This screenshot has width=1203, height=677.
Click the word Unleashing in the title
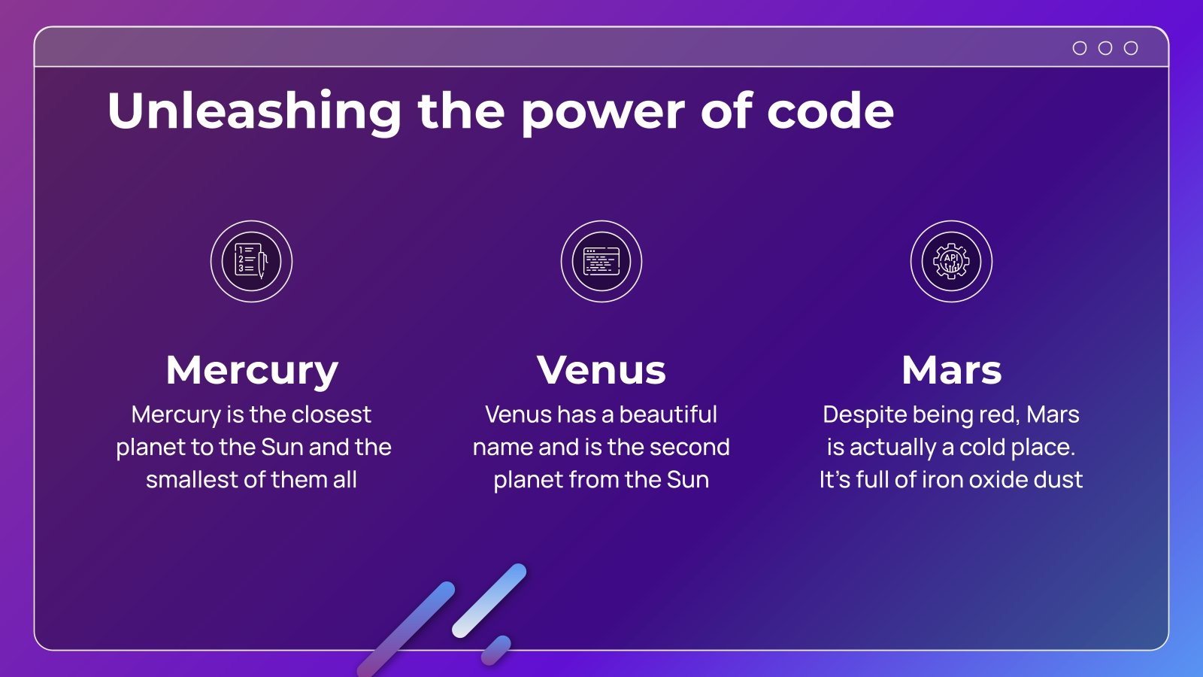click(x=254, y=111)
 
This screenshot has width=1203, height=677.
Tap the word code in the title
click(x=830, y=110)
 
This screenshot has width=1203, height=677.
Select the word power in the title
click(x=603, y=115)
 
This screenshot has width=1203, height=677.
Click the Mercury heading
click(x=252, y=372)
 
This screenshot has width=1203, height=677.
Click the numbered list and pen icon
click(x=251, y=261)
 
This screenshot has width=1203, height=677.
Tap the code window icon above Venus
click(x=601, y=261)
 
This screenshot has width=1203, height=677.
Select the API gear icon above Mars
click(x=951, y=261)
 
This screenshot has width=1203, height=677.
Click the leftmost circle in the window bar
click(x=1080, y=48)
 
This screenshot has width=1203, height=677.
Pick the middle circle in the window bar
click(x=1105, y=48)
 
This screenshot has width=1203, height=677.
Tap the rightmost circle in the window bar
click(x=1131, y=48)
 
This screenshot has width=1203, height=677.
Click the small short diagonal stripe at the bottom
click(x=495, y=650)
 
